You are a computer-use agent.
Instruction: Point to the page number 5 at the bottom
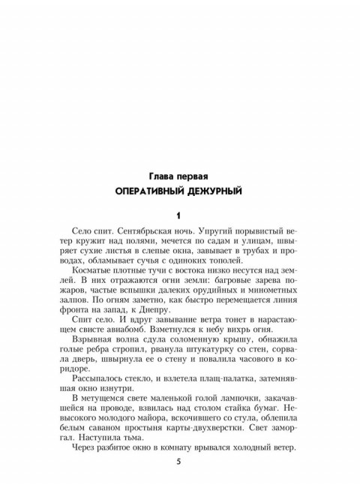point(179,461)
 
